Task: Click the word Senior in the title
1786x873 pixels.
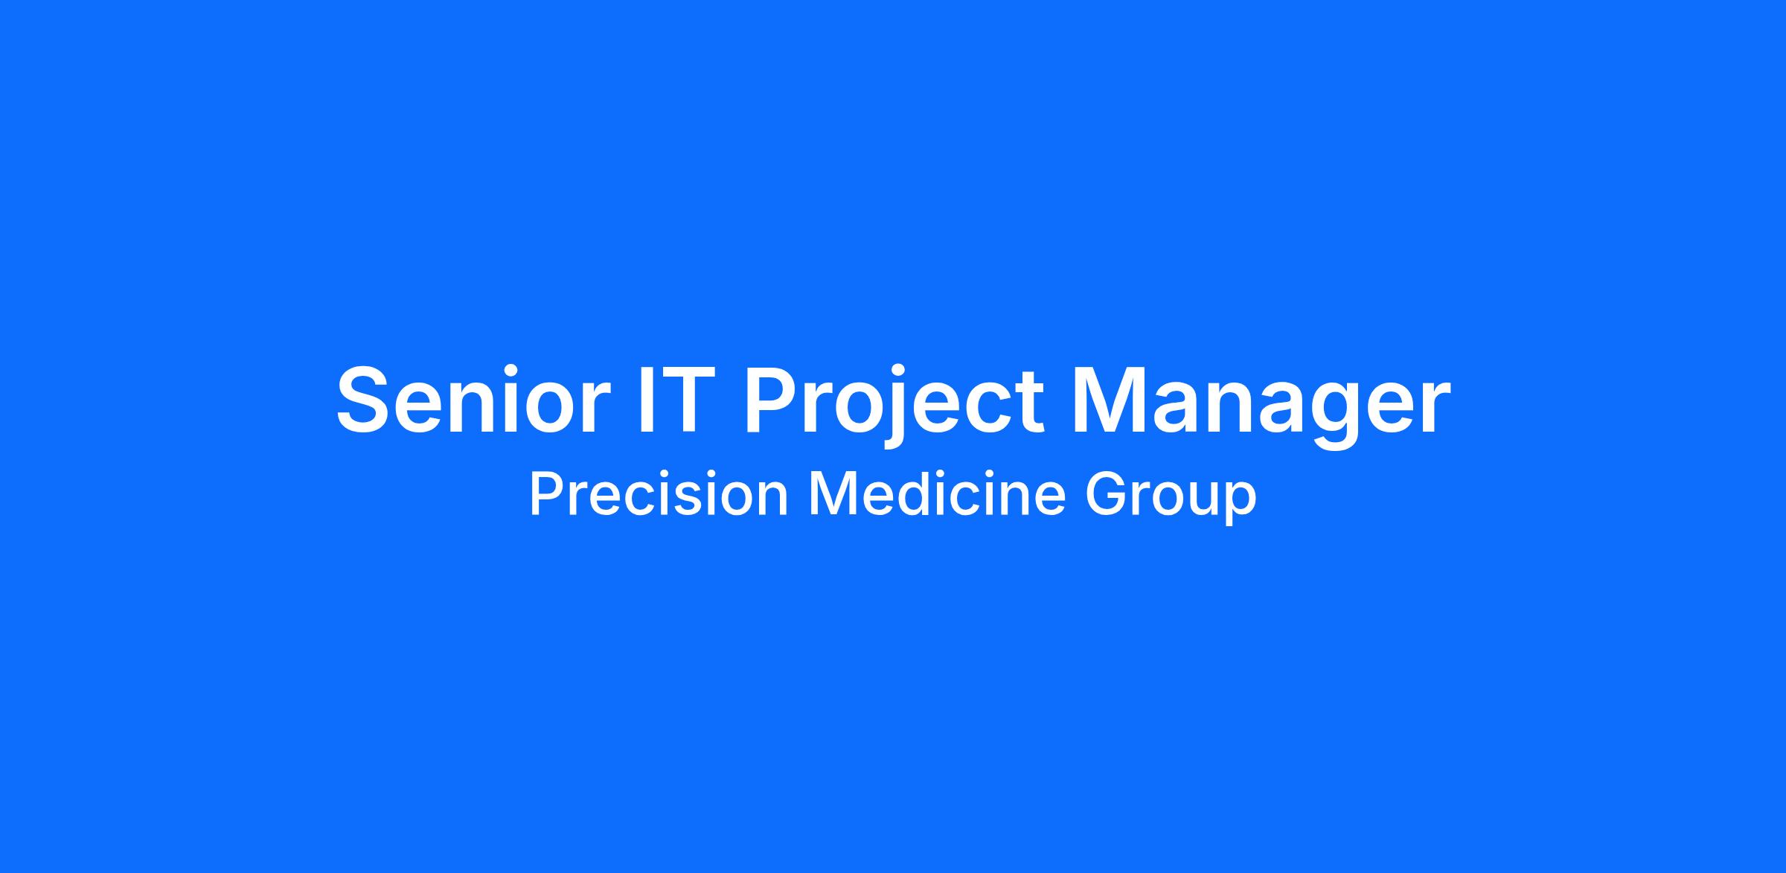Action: (469, 400)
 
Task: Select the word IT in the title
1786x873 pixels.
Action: (670, 400)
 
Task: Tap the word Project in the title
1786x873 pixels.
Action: (893, 406)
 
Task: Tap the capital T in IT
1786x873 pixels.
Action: (679, 400)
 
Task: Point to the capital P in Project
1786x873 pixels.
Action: (771, 400)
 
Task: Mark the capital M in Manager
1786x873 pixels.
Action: (1107, 400)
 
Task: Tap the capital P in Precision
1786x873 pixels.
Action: (546, 494)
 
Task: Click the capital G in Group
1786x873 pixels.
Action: (1107, 494)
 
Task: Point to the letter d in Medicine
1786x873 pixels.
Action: (912, 494)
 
